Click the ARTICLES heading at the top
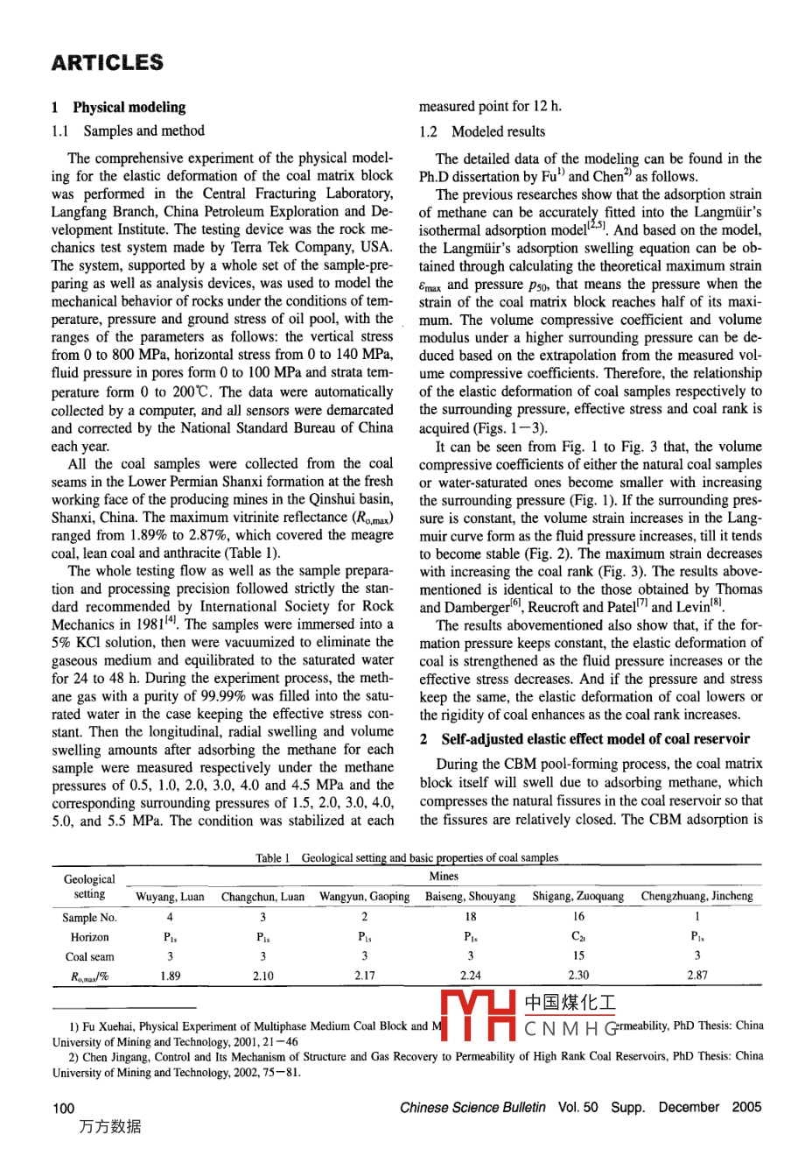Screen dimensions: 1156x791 [107, 63]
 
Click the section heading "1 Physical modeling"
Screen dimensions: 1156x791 [118, 108]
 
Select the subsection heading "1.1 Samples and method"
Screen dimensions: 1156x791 [128, 131]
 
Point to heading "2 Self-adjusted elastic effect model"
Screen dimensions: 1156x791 [584, 739]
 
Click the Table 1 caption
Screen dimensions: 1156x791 [407, 858]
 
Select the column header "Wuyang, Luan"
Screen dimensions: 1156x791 [170, 897]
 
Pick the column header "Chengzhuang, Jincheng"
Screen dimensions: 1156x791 [696, 897]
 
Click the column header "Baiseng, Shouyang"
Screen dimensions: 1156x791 [470, 897]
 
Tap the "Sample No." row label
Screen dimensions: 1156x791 [89, 918]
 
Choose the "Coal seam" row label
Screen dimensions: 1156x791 [89, 957]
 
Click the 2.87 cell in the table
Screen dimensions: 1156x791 [696, 976]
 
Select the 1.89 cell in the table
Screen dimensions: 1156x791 [170, 976]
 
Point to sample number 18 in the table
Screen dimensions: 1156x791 [471, 918]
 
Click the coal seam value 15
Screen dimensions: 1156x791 [578, 957]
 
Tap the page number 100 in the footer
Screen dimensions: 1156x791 [63, 1108]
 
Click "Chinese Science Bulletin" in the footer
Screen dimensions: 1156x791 [473, 1107]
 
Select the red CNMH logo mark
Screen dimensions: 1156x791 [478, 1016]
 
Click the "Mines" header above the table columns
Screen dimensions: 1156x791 [444, 876]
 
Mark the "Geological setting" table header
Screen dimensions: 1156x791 [89, 886]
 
